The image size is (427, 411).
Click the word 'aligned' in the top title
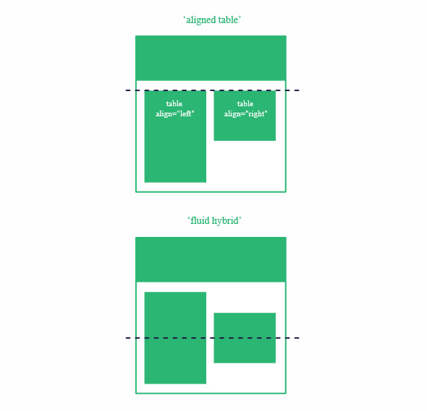coord(200,20)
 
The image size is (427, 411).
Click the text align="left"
coord(175,114)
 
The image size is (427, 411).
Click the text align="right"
coord(245,114)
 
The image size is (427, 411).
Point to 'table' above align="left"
coord(174,103)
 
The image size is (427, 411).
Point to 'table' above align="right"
coord(245,103)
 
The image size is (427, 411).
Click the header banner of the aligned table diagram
coord(211,59)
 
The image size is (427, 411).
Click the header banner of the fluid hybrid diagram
coord(211,259)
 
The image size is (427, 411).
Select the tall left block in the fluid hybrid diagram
coord(175,338)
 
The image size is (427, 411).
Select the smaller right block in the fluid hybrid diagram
coord(245,338)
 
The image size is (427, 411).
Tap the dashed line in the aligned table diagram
coord(212,90)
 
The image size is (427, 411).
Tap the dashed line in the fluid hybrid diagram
coord(212,338)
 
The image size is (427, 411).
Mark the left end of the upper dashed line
coord(126,90)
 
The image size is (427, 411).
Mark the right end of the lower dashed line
coord(300,338)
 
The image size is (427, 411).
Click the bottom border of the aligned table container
coord(211,192)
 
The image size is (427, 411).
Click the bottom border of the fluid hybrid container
coord(211,393)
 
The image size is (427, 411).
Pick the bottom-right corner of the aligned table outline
coord(286,192)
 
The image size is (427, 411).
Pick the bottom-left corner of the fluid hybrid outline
coord(136,394)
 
